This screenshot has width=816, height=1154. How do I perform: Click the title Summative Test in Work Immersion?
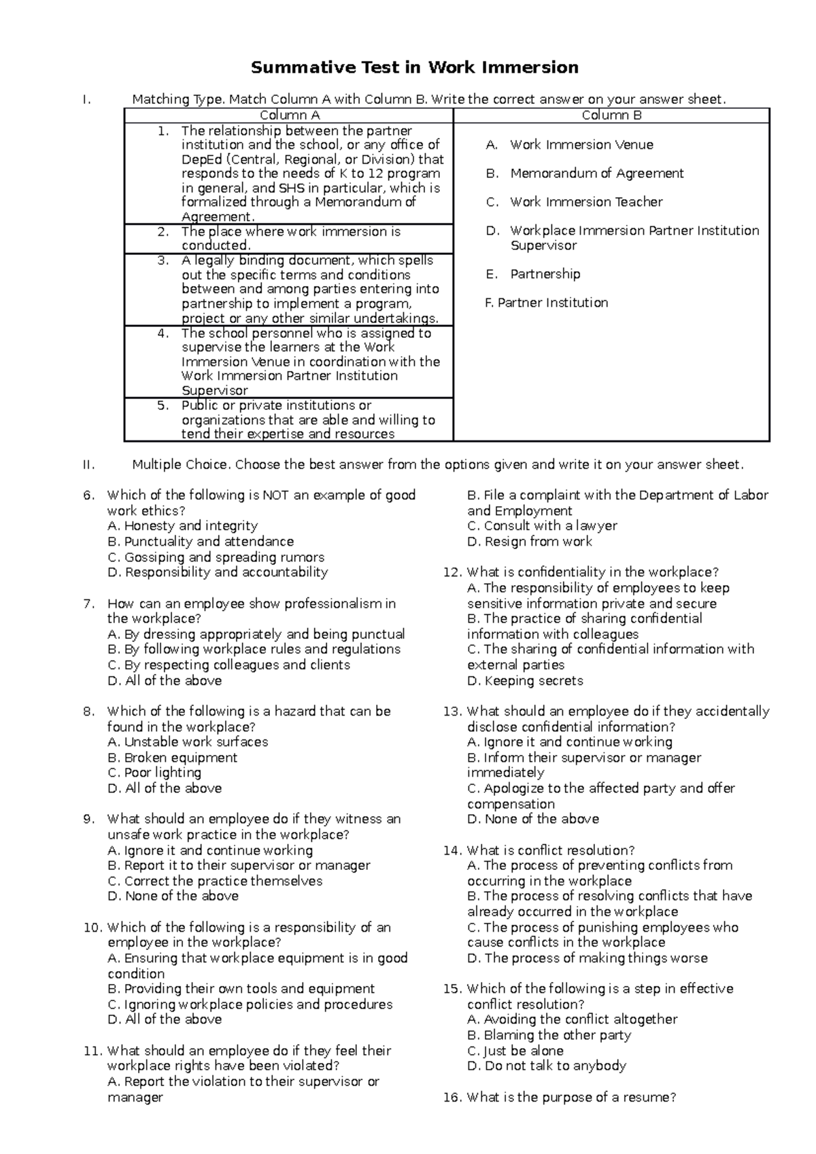click(415, 67)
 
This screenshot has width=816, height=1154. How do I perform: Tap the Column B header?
click(611, 116)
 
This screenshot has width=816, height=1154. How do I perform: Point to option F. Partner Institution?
click(546, 302)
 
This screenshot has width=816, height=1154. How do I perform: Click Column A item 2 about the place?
click(290, 239)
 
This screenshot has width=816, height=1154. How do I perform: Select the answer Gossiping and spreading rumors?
click(216, 557)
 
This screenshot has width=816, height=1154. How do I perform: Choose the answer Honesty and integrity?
click(183, 526)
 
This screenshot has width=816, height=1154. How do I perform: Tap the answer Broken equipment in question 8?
click(173, 758)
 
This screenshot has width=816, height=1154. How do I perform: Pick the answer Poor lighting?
click(155, 773)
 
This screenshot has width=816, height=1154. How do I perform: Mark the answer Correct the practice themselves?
click(215, 881)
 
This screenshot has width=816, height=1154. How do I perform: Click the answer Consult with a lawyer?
click(543, 526)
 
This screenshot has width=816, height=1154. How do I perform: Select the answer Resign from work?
click(530, 542)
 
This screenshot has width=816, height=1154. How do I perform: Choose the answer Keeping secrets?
click(525, 680)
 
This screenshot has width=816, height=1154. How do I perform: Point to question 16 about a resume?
click(560, 1097)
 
